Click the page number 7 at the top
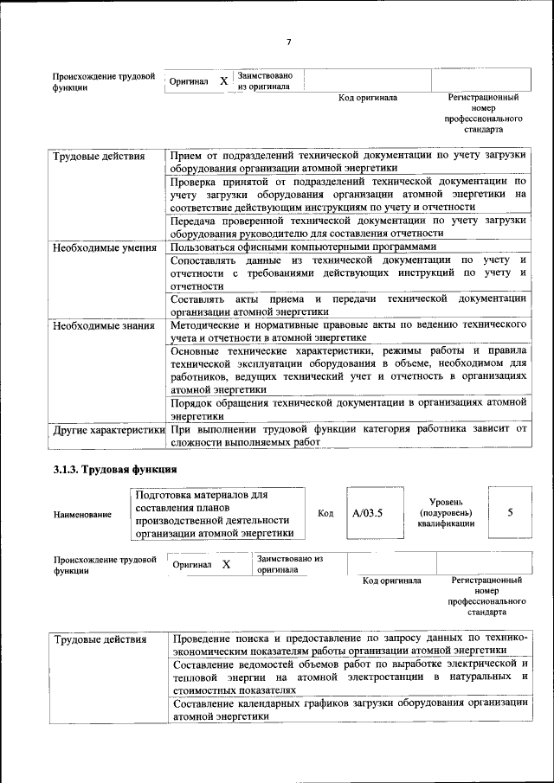point(289,42)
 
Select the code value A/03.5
point(367,513)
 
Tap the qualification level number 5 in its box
point(510,512)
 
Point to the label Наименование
point(82,515)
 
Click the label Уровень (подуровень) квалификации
point(445,512)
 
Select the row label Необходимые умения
point(98,247)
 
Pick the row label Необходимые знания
point(97,326)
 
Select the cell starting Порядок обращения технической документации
point(348,409)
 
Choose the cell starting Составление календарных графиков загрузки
point(350,709)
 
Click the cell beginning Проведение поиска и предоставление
point(350,645)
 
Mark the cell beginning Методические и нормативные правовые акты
point(348,331)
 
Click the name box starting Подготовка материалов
point(217,514)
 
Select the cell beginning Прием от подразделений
point(348,162)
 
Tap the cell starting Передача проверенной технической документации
point(348,227)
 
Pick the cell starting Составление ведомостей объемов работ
point(350,677)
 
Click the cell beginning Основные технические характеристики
point(348,370)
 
